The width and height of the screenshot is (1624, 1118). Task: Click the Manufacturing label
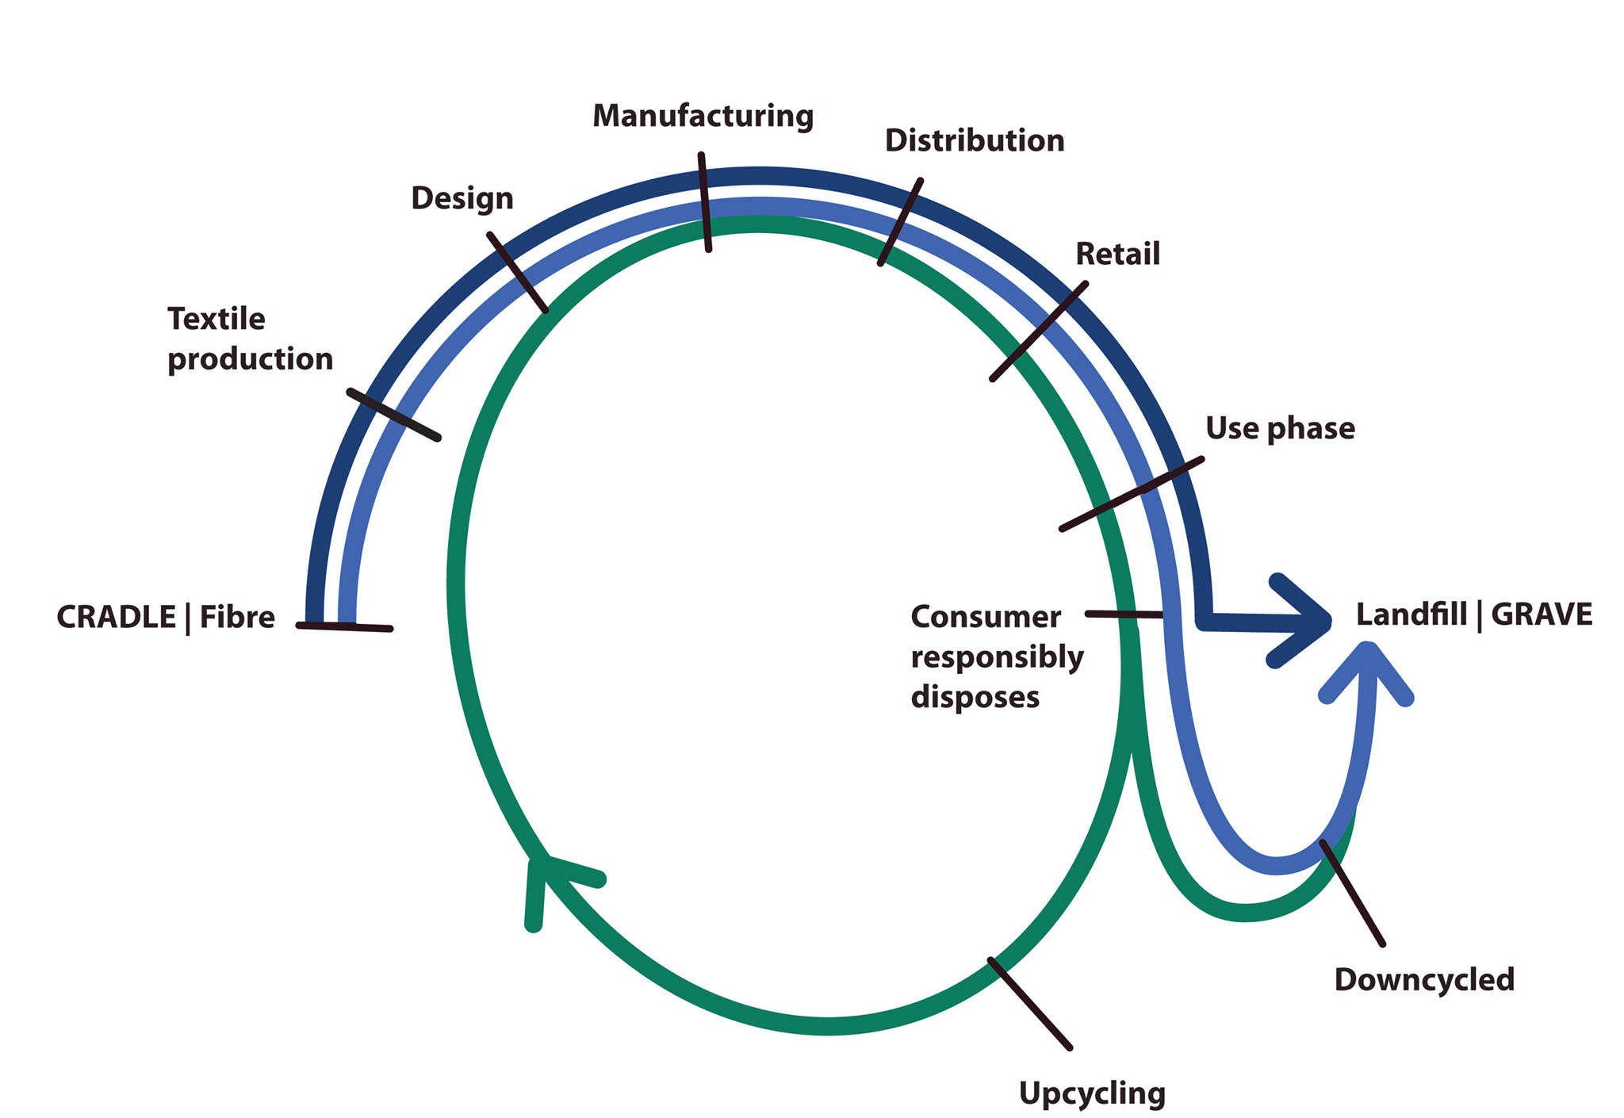point(703,116)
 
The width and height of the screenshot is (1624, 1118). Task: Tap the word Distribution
point(974,141)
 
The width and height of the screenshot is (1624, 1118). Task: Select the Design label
point(462,198)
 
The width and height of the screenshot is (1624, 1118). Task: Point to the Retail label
point(1116,255)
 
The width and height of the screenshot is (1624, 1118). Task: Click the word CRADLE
point(116,617)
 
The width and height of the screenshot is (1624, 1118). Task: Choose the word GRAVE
point(1542,615)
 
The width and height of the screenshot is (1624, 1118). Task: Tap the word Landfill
point(1411,615)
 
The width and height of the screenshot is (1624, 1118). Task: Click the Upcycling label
point(1091,1093)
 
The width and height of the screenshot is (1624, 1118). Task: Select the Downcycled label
point(1423,979)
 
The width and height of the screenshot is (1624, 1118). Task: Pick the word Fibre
point(236,617)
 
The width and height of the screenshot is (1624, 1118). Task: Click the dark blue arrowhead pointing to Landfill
point(1304,621)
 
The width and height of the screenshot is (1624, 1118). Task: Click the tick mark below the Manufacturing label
point(705,202)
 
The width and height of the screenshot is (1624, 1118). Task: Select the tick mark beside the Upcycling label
point(1029,1003)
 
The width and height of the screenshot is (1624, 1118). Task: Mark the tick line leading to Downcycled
point(1352,893)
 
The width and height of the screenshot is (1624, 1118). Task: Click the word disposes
point(975,697)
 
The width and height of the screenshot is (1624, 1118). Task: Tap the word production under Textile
point(250,359)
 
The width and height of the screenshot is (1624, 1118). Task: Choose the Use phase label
point(1279,428)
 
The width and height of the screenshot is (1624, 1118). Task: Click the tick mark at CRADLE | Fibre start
point(344,626)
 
